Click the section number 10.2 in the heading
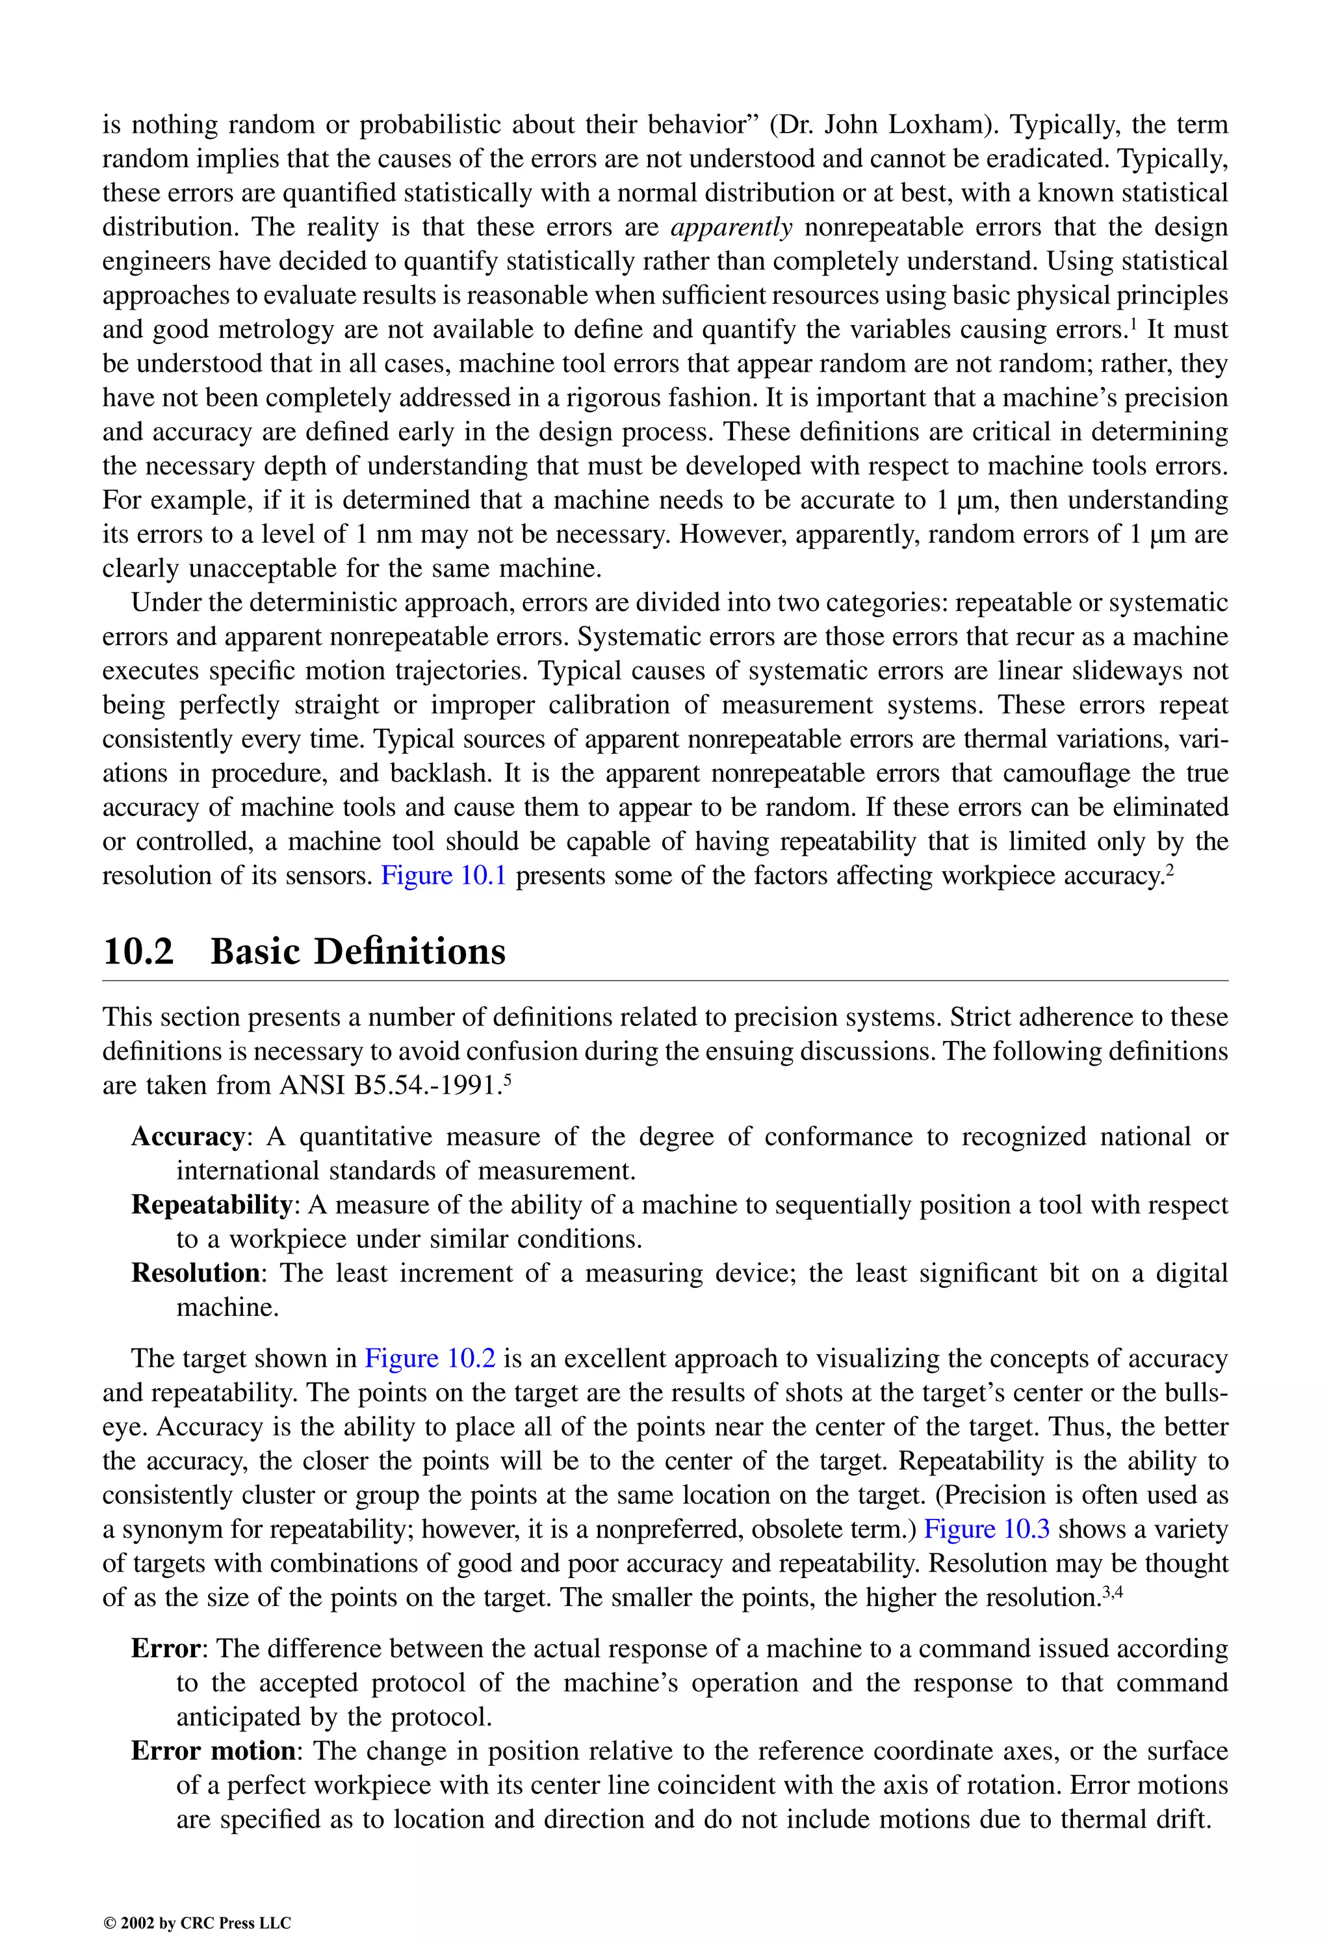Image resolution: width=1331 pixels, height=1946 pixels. (x=138, y=952)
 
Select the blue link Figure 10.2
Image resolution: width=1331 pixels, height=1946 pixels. (x=430, y=1358)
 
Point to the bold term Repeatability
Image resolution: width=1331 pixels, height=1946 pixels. (x=211, y=1205)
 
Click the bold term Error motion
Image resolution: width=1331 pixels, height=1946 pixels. (x=213, y=1750)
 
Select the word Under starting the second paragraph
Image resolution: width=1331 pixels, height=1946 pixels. (x=166, y=602)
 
